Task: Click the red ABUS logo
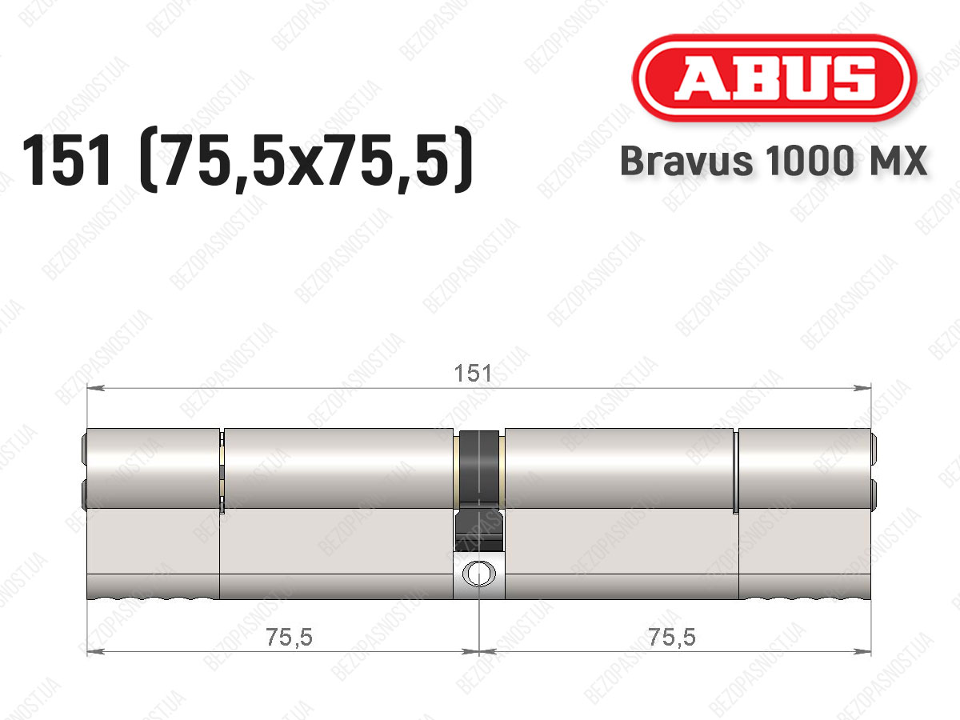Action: (774, 78)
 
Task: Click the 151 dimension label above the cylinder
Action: (473, 374)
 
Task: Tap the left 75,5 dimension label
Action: (289, 637)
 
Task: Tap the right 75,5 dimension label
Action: (672, 637)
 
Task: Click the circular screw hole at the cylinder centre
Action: (479, 573)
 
